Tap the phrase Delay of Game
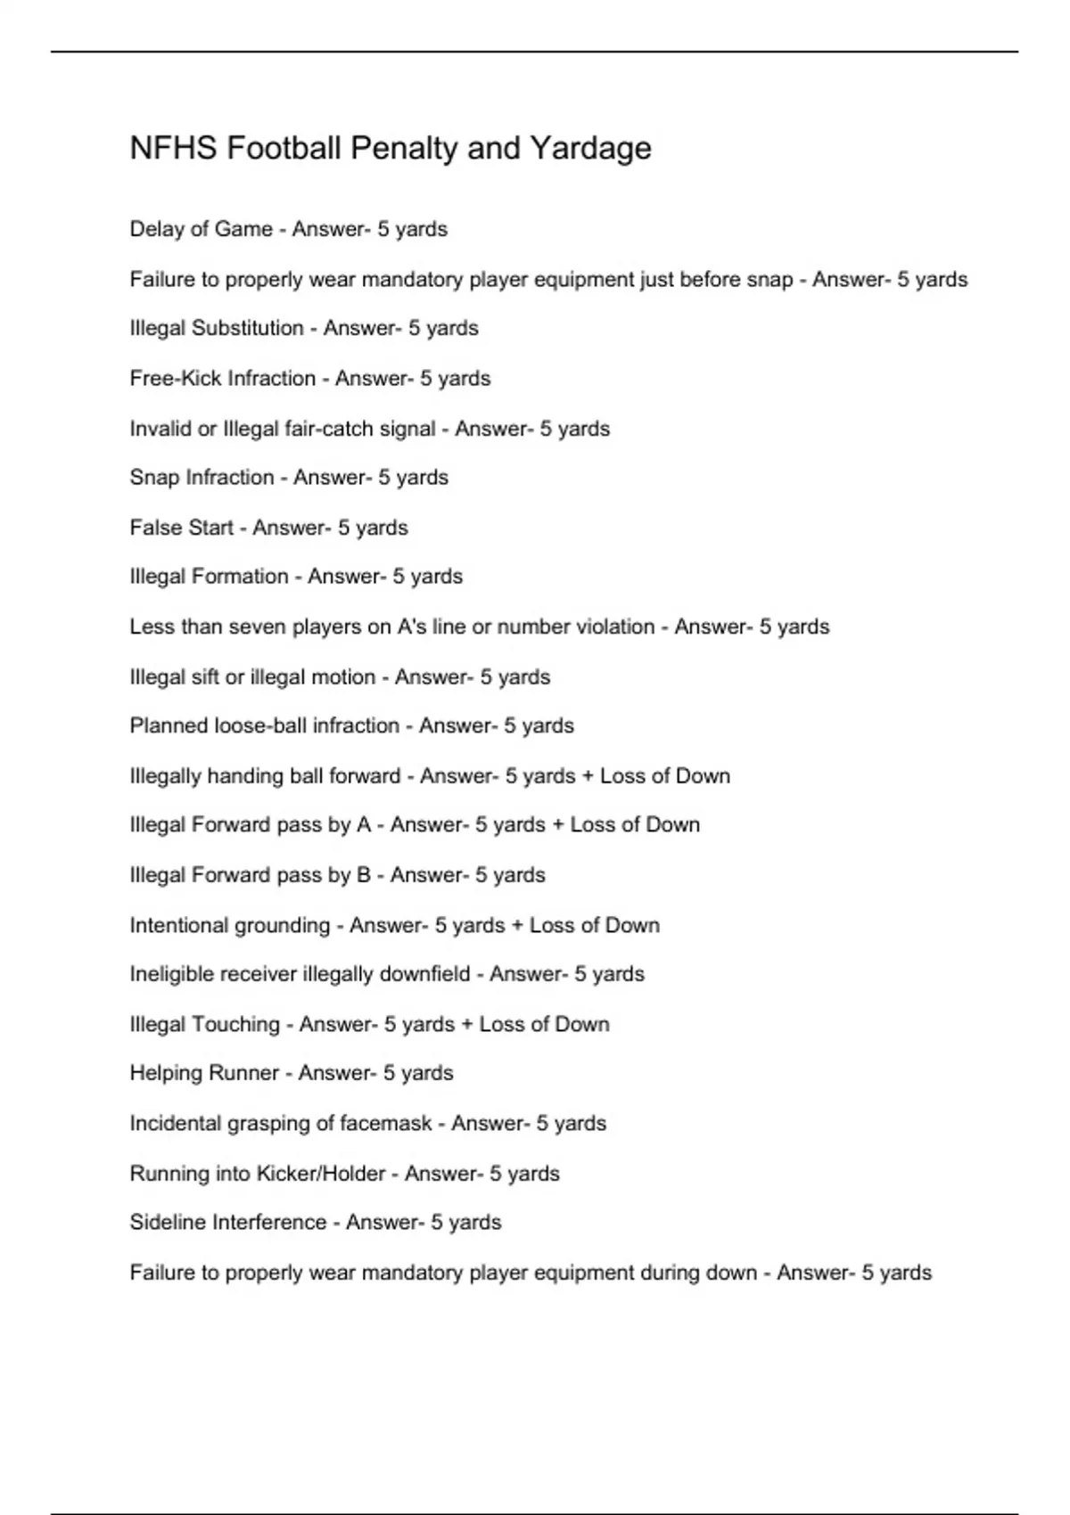point(201,229)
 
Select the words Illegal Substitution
point(217,328)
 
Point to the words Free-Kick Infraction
point(223,378)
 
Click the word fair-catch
point(328,429)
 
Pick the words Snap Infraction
point(202,478)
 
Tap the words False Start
point(181,528)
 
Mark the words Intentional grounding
point(230,925)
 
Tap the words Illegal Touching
point(204,1024)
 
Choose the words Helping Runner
point(204,1073)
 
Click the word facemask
point(386,1123)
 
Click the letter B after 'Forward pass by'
point(363,875)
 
